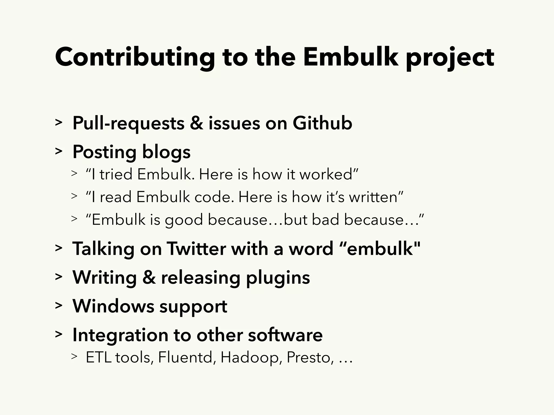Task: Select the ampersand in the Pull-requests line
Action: pyautogui.click(x=196, y=123)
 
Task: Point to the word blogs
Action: pyautogui.click(x=166, y=152)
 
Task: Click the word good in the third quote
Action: pyautogui.click(x=184, y=220)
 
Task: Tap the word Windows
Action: pyautogui.click(x=113, y=306)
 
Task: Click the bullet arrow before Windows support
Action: pyautogui.click(x=58, y=306)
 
